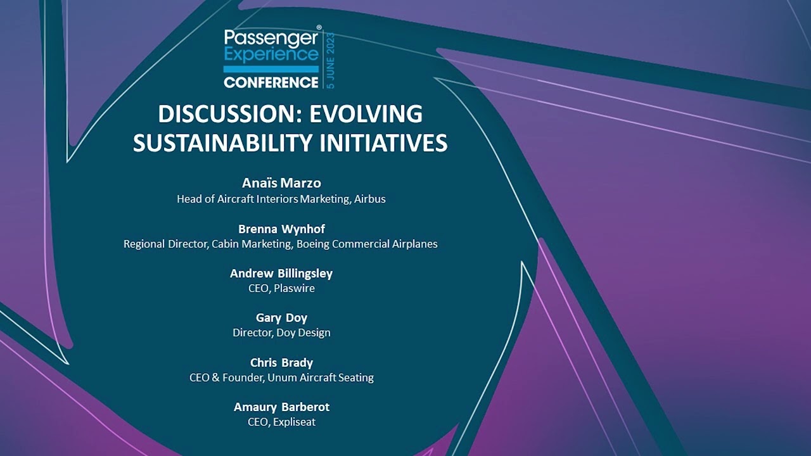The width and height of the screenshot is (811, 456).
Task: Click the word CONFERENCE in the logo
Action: click(x=271, y=82)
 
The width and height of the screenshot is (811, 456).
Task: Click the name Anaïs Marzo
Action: click(x=281, y=183)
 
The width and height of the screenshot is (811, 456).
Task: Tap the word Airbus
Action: click(x=370, y=199)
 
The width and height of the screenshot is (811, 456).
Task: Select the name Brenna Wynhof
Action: click(x=281, y=229)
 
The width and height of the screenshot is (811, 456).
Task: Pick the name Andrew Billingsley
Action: click(x=281, y=274)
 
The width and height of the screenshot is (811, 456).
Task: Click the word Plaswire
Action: click(x=294, y=288)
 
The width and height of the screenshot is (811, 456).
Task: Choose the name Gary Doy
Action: click(x=281, y=318)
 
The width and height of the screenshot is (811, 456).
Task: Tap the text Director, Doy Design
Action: click(x=281, y=332)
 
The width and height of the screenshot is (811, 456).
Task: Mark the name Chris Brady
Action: click(x=281, y=363)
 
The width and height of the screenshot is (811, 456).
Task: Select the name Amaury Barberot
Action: click(x=281, y=407)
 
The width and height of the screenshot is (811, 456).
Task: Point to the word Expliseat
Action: click(x=294, y=421)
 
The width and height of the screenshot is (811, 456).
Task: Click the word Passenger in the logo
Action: click(x=271, y=39)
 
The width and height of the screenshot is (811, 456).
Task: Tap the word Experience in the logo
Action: click(x=271, y=54)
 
